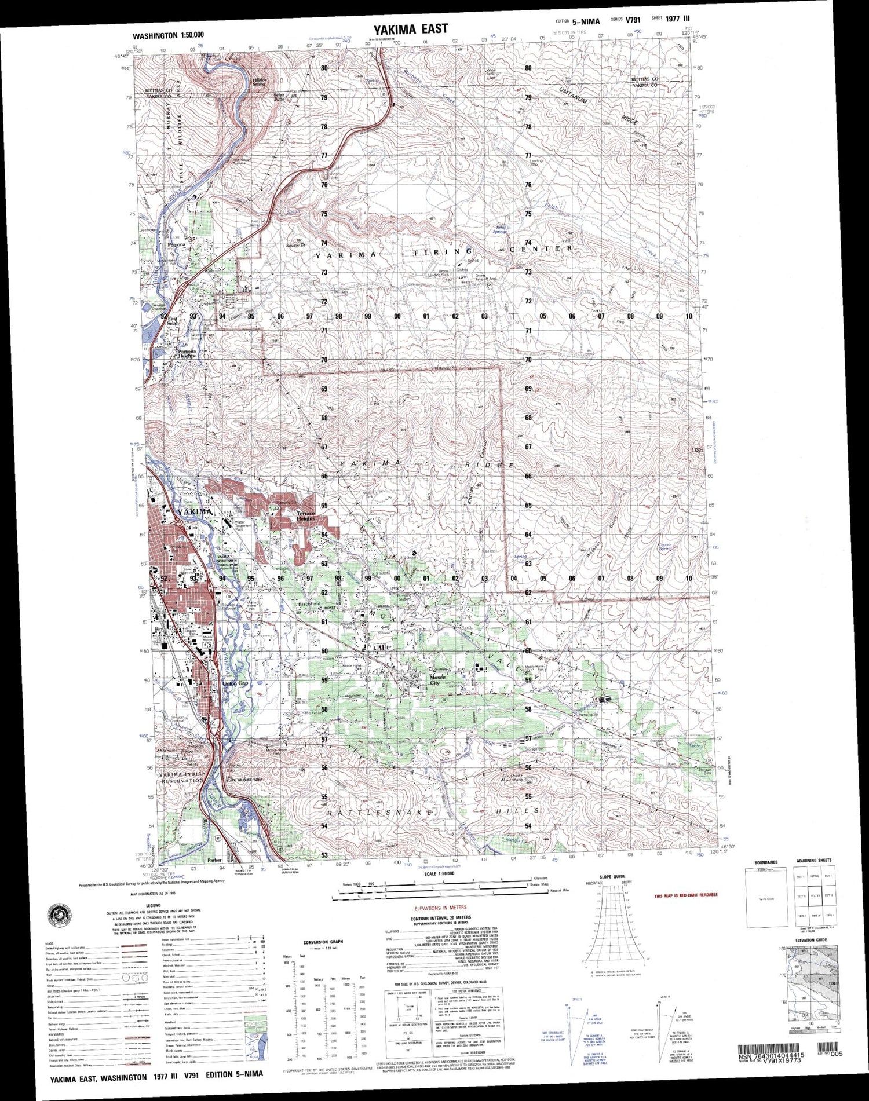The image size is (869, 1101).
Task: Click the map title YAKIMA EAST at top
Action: click(410, 29)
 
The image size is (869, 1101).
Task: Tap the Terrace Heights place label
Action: click(306, 515)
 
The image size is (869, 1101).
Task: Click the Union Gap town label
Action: click(235, 683)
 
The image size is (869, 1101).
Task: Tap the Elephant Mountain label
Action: click(512, 778)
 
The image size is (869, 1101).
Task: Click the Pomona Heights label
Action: click(187, 353)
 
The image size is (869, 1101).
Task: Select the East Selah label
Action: click(173, 320)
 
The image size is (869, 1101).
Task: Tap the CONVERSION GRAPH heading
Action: click(323, 942)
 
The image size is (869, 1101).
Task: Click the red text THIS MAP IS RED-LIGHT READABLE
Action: click(686, 895)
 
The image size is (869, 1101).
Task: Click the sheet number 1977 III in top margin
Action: click(678, 19)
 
